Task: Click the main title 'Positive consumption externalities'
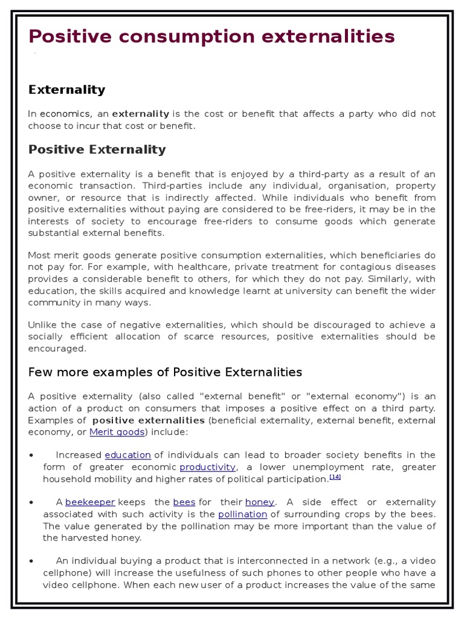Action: [211, 37]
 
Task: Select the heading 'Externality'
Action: [66, 89]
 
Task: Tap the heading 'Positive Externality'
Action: [97, 149]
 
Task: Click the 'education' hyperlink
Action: [127, 455]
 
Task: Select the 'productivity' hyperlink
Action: [207, 467]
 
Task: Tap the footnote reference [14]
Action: [335, 477]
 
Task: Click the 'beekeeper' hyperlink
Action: [90, 502]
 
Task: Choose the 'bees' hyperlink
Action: [184, 502]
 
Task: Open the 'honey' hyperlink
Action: [259, 502]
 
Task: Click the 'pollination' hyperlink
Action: [242, 514]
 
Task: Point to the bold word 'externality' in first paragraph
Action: [141, 114]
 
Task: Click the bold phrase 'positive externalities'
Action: [148, 420]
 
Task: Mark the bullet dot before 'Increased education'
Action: [31, 455]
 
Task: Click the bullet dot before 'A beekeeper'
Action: [31, 502]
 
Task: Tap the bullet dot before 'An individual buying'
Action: [31, 561]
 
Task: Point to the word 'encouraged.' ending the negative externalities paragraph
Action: [57, 349]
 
